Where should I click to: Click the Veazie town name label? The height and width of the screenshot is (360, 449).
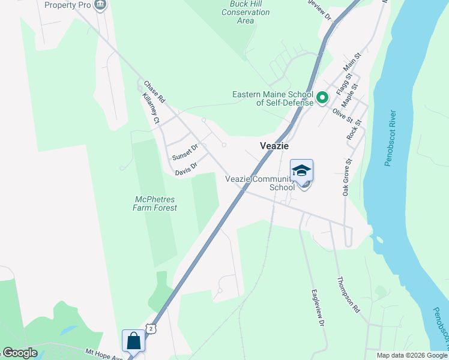274,146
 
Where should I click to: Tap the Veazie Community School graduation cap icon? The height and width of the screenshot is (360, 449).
301,170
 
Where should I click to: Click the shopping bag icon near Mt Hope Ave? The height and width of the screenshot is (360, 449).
133,341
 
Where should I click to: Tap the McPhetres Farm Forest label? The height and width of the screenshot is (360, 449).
155,203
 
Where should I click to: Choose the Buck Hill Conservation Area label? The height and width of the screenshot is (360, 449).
246,12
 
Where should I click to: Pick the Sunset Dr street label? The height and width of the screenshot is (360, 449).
185,152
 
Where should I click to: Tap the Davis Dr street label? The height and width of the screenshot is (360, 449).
186,169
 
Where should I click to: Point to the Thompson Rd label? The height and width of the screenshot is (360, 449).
348,295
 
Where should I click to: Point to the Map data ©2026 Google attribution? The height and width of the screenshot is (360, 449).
412,355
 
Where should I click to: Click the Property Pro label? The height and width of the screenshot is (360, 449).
68,5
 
